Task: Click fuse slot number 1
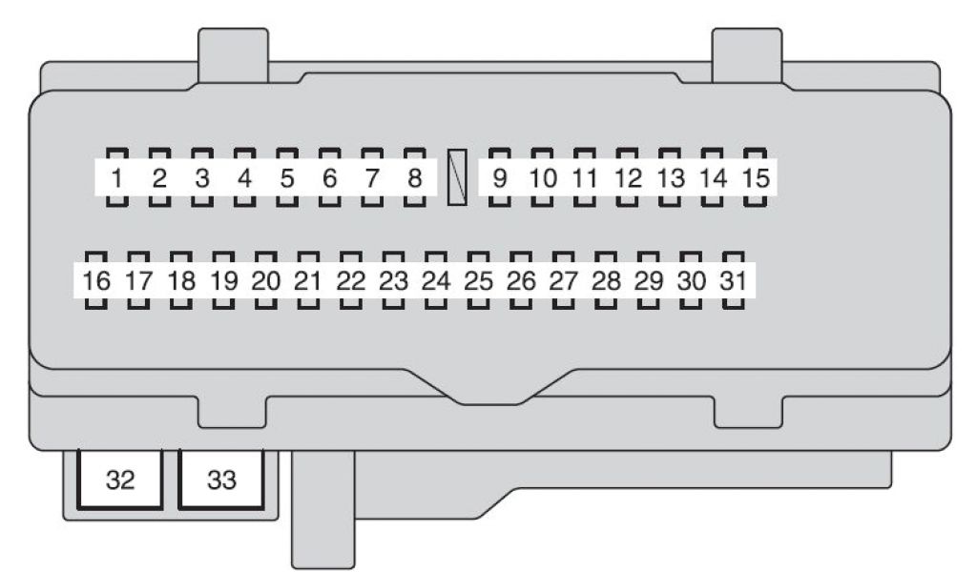117,177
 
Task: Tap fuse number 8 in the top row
414,177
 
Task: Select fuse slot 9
499,177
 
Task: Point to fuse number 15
755,177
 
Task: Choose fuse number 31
732,281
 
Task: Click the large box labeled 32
120,480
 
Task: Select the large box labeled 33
221,480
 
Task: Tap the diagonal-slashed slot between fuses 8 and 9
457,176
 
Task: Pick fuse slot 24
436,281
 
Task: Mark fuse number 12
627,177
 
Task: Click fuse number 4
244,177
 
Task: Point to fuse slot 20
266,281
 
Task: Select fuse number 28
606,281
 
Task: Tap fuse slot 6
329,177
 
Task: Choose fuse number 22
351,281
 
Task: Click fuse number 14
713,177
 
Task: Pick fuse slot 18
181,281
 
